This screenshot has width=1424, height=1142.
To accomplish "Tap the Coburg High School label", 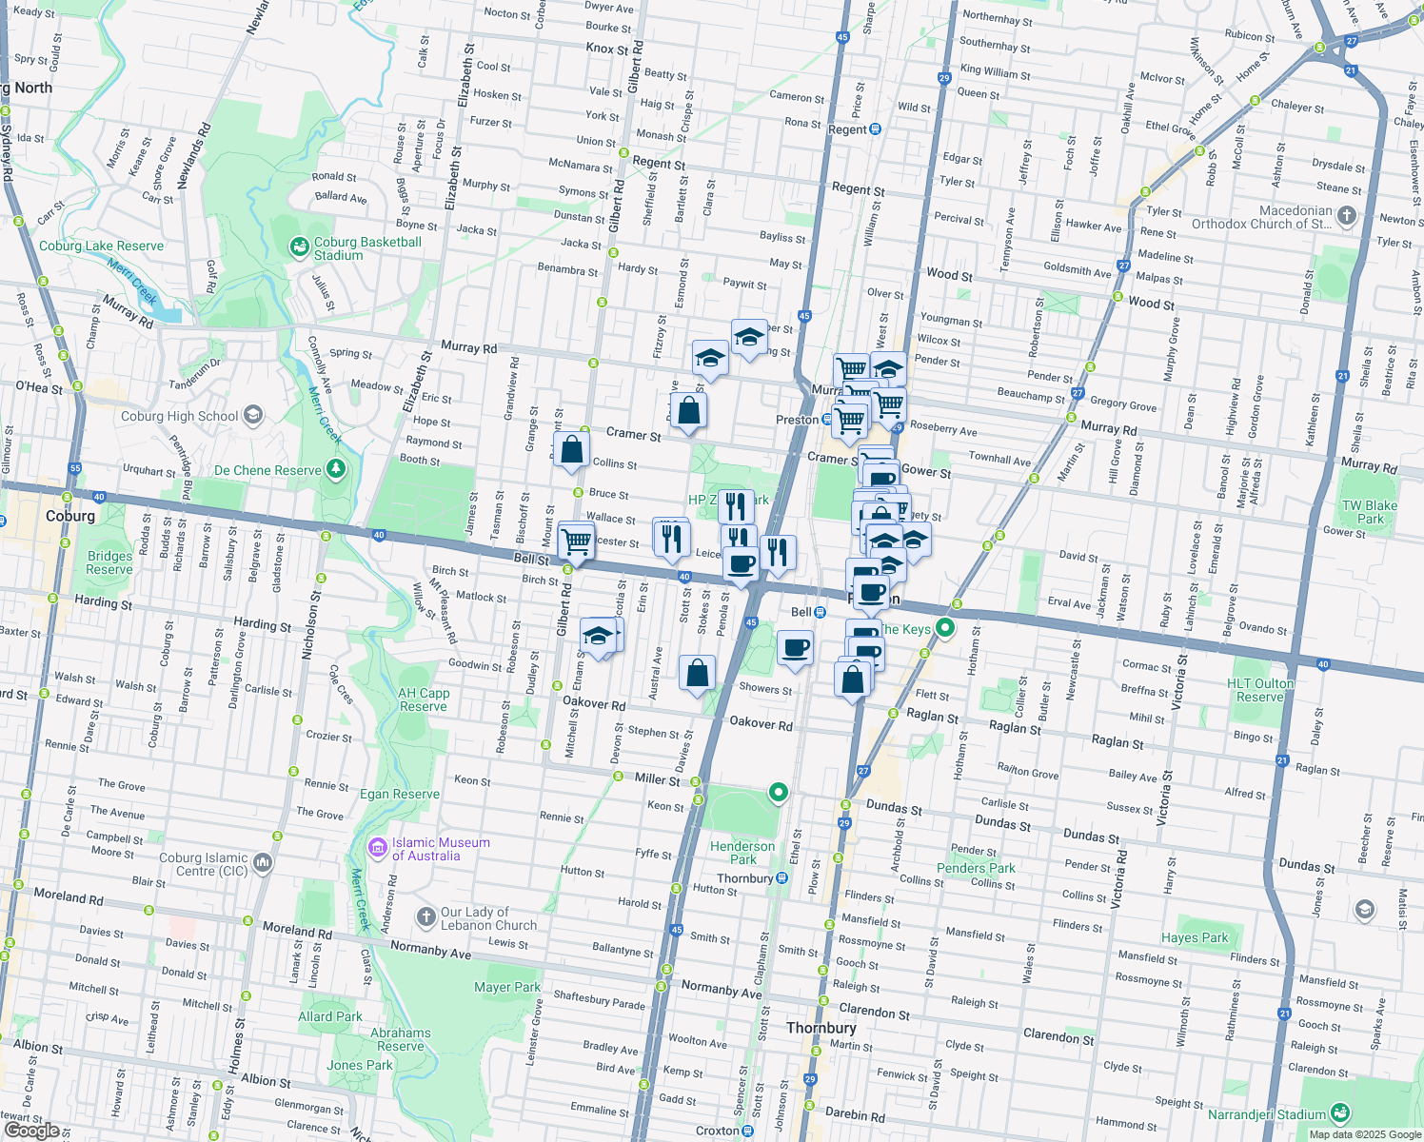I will point(179,416).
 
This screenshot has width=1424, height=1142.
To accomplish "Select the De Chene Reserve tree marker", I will point(335,469).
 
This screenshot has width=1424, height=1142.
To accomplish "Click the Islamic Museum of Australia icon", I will point(378,847).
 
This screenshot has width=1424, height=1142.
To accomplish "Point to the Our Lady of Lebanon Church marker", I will point(426,916).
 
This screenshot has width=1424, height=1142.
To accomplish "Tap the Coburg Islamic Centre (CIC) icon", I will point(263,862).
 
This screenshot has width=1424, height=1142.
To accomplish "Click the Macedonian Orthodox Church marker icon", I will point(1346,216).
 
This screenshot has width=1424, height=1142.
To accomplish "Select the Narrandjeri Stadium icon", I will point(1340,1112).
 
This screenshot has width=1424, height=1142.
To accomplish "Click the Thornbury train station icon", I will point(781,878).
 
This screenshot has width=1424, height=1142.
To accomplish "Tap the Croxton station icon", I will point(748,1131).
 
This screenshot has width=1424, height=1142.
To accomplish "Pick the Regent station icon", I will point(876,129).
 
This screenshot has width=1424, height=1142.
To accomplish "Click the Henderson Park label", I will point(742,852).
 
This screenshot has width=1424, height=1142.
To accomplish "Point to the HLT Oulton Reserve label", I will point(1260,690).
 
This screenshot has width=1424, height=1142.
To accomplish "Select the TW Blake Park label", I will point(1369,512).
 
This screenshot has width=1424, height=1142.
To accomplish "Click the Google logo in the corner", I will point(31,1130).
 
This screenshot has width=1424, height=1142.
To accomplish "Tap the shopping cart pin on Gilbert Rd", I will point(576,541).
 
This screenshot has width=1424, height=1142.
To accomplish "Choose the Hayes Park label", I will point(1195,937).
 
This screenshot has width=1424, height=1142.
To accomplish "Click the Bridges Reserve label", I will point(109,562).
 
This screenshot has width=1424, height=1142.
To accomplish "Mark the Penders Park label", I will point(976,868).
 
